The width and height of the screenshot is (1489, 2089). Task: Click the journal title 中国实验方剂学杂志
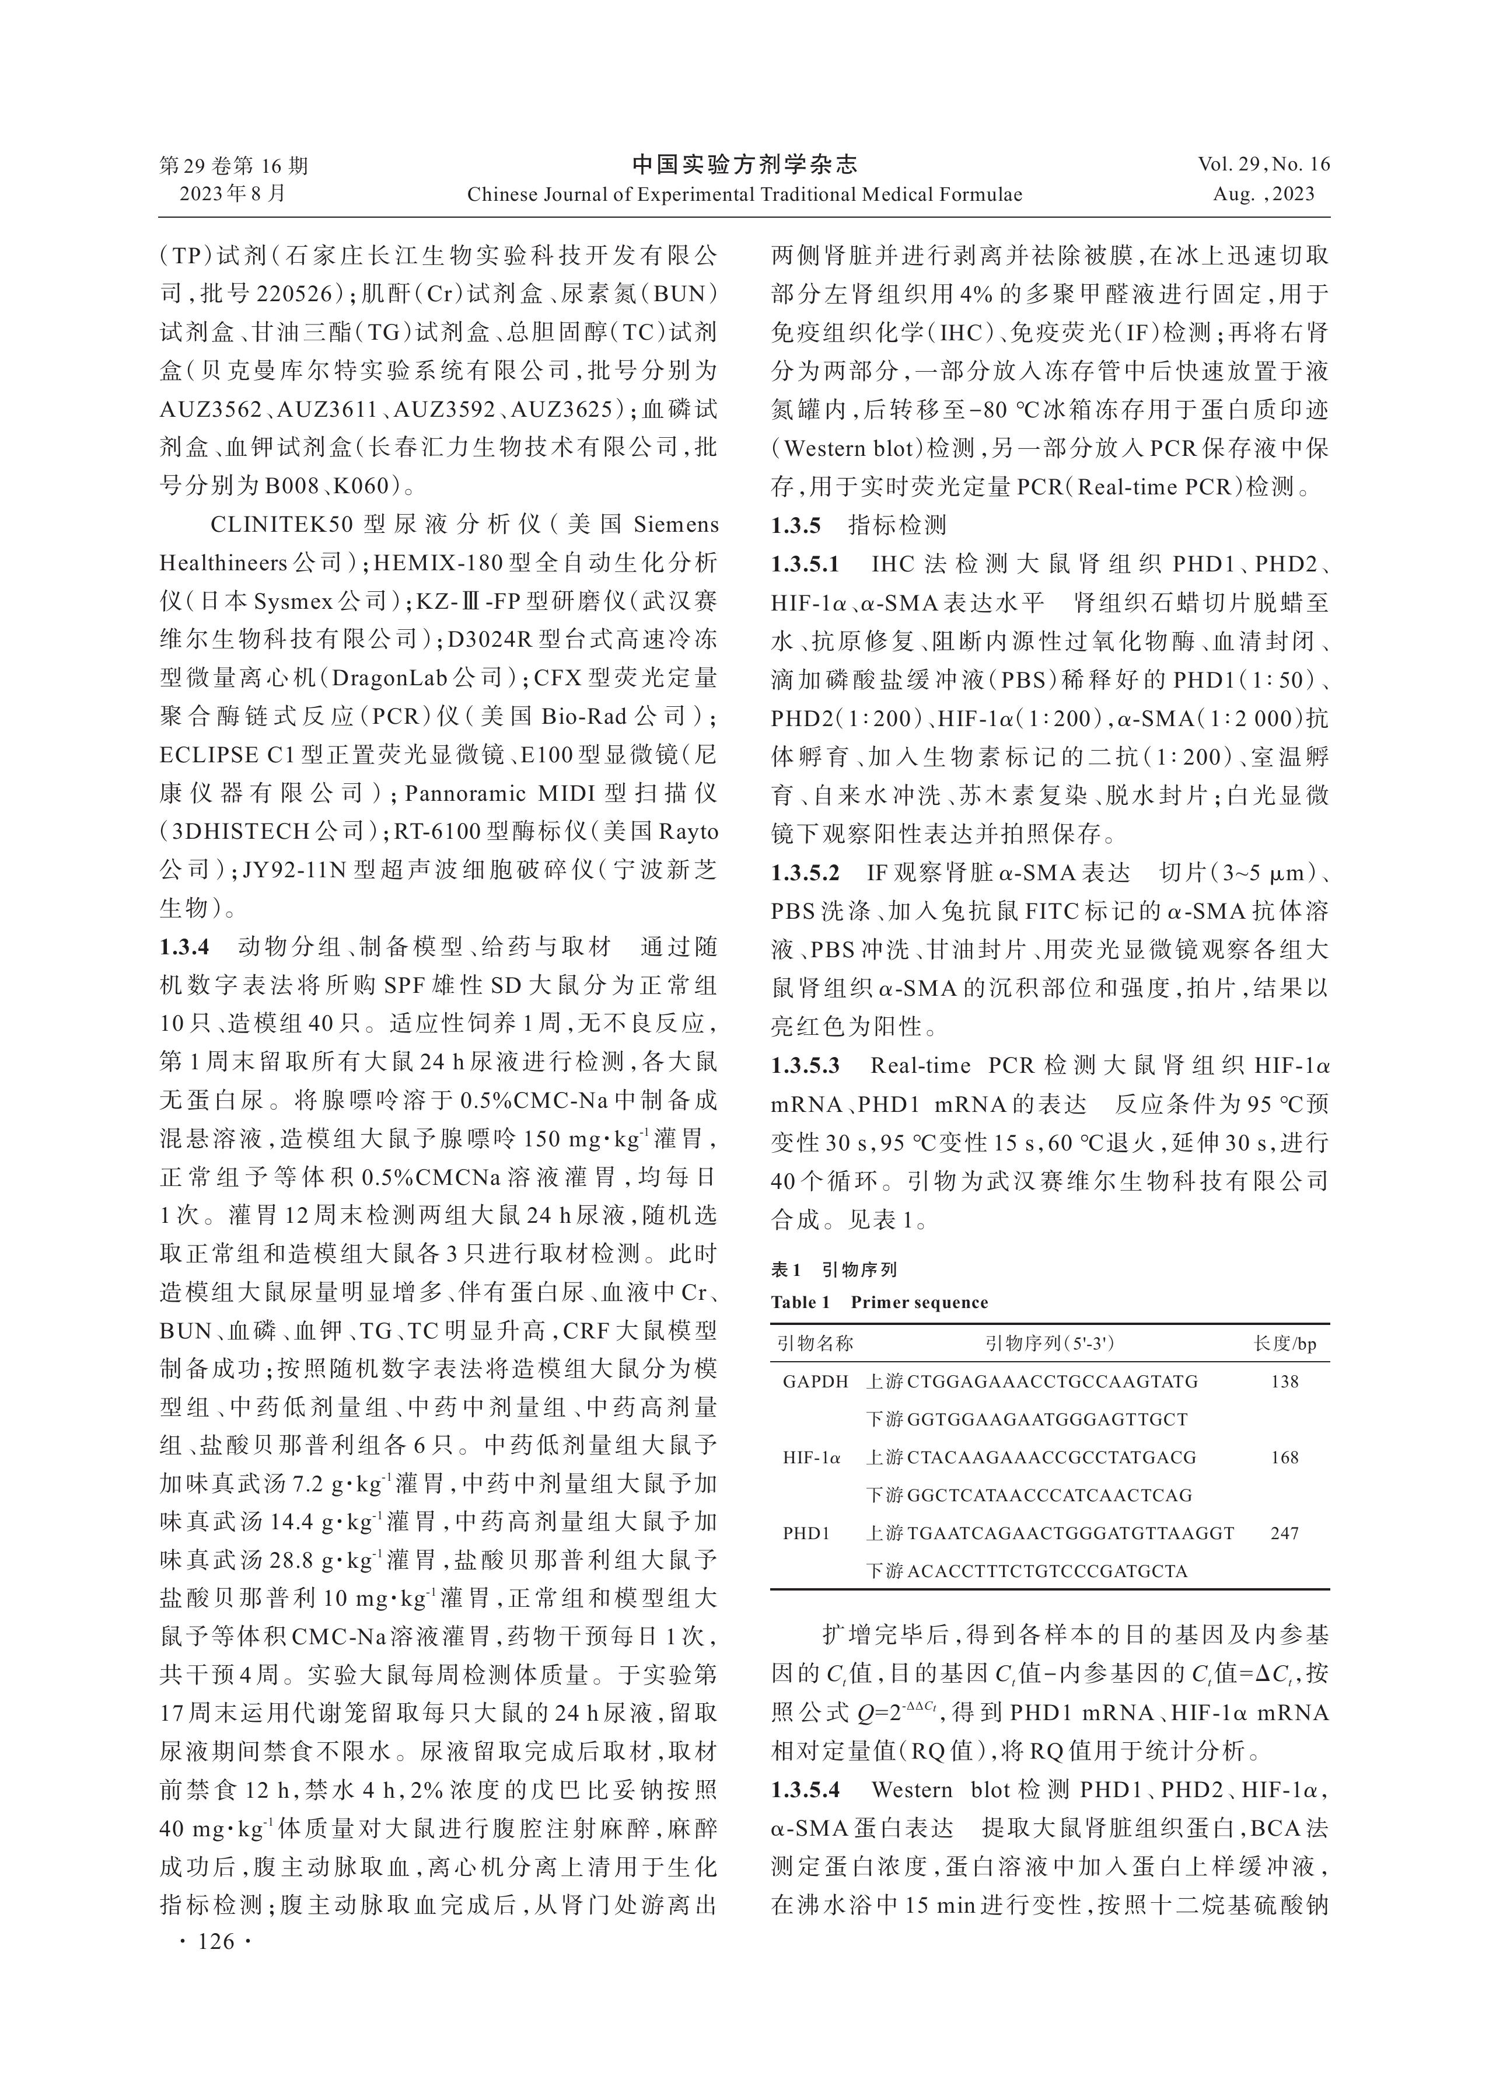pyautogui.click(x=744, y=165)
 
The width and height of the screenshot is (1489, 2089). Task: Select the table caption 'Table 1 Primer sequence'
pyautogui.click(x=878, y=1302)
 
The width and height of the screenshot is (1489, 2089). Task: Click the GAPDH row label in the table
pyautogui.click(x=814, y=1381)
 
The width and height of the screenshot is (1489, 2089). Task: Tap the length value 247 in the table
pyautogui.click(x=1285, y=1532)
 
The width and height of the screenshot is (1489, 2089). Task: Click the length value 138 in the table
pyautogui.click(x=1285, y=1381)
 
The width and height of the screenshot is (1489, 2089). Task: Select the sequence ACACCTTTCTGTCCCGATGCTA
pyautogui.click(x=1047, y=1571)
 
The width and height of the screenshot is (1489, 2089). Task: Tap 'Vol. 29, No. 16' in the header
pyautogui.click(x=1263, y=165)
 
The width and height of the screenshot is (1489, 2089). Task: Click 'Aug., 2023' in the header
pyautogui.click(x=1263, y=194)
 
